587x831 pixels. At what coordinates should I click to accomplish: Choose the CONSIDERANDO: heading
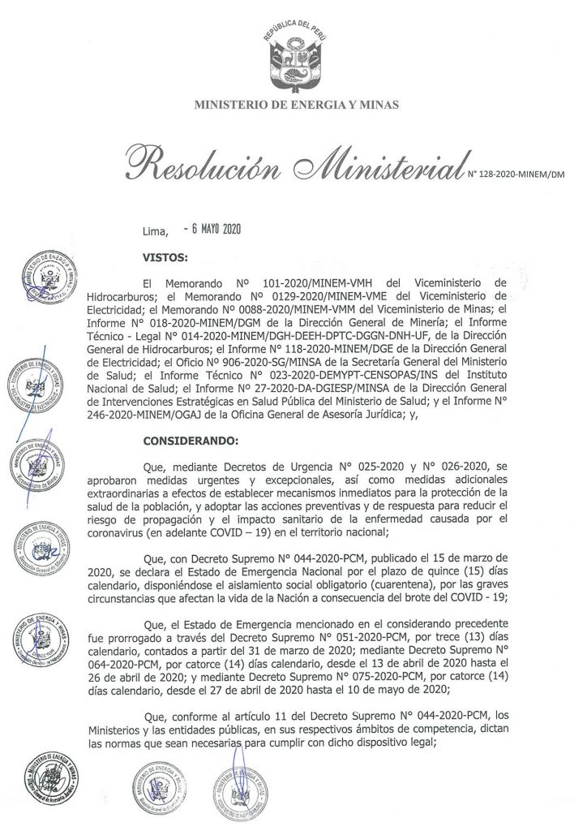[x=191, y=441]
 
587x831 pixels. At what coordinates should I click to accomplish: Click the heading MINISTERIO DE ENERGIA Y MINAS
[x=294, y=105]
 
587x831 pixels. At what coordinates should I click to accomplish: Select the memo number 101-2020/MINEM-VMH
[x=311, y=286]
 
